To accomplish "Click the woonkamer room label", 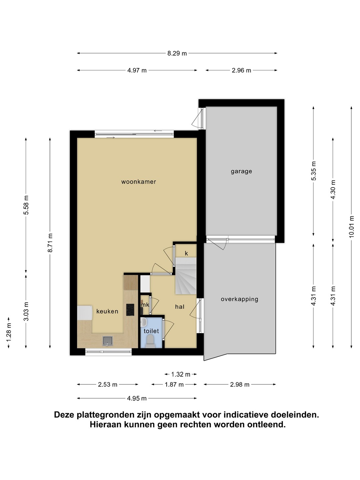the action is point(139,182).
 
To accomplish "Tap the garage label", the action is point(241,171).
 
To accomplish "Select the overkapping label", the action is point(239,299).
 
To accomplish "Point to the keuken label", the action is point(107,311).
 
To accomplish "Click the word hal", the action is point(180,307).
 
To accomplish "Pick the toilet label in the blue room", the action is point(151,331).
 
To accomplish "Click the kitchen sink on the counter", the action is point(108,341).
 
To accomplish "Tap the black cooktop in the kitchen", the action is point(130,310).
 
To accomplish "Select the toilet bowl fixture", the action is point(150,342).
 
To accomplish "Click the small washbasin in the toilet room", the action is point(143,322).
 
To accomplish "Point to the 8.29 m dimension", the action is point(177,53).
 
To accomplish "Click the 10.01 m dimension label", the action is point(351,227).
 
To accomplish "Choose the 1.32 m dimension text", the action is point(181,374).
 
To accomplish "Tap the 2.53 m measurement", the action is point(108,385).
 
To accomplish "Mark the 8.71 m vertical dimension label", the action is point(50,243).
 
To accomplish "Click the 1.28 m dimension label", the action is point(9,333).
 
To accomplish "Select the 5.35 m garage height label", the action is point(313,171).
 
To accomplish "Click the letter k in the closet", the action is point(186,253).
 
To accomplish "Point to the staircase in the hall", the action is point(186,276).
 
